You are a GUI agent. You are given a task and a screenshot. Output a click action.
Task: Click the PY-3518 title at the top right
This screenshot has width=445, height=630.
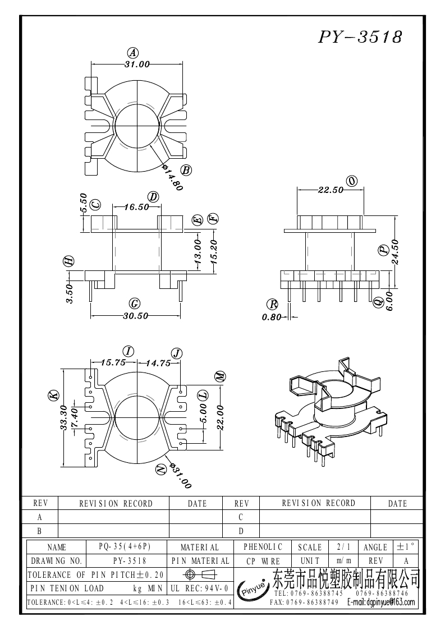[x=360, y=37]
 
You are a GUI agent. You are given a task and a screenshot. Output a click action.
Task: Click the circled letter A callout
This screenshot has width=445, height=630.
[x=132, y=53]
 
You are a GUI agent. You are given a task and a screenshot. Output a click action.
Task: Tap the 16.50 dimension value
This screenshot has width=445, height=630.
[x=136, y=207]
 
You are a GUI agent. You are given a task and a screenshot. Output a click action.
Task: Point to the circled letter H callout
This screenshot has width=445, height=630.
[x=69, y=261]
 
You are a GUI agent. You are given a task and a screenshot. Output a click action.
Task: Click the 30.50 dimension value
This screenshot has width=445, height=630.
[x=135, y=316]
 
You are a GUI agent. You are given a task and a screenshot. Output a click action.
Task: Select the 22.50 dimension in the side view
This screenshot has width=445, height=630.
[x=331, y=190]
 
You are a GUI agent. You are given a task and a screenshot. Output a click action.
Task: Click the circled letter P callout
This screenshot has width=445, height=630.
[x=383, y=250]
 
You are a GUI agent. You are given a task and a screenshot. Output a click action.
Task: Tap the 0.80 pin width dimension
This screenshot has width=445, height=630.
[x=272, y=317]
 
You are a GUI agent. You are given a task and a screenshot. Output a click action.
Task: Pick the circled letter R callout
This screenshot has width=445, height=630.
[x=273, y=303]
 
